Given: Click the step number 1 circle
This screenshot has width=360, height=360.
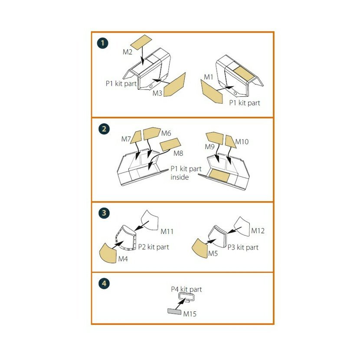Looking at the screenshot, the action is coord(103,43).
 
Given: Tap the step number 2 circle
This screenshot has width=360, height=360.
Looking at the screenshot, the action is coord(104,129).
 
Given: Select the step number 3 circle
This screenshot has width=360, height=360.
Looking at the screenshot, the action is coord(104,213).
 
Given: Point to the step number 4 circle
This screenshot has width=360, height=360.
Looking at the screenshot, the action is coord(104,283).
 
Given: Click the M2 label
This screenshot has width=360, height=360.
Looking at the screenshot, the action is coord(128,52).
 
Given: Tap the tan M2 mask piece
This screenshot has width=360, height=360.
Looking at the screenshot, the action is coord(141,42).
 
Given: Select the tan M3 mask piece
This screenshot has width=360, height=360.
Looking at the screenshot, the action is coord(174,85).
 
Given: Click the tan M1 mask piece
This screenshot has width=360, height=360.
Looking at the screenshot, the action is coord(212,92).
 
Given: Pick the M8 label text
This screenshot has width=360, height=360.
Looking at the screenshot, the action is coord(178,153).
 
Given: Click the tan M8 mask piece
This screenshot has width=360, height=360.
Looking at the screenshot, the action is coord(170,144).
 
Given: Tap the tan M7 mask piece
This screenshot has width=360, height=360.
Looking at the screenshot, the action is coord(136,137).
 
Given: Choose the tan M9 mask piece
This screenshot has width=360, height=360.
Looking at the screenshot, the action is coord(215,138).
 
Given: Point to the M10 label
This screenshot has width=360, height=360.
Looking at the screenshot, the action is coord(242,142).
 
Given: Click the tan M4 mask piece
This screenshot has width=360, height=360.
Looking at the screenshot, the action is coord(108,253).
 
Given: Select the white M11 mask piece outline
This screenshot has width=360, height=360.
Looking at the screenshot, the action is coord(150,220).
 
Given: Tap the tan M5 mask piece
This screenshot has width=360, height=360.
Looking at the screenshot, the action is coord(200,249).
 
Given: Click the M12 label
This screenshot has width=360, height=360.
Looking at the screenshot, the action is coord(258,231).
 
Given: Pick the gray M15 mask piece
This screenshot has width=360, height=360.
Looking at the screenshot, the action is coord(174,311).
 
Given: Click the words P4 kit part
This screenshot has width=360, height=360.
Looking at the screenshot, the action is coord(187,289).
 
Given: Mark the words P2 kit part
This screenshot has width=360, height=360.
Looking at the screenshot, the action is coord(154,247).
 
